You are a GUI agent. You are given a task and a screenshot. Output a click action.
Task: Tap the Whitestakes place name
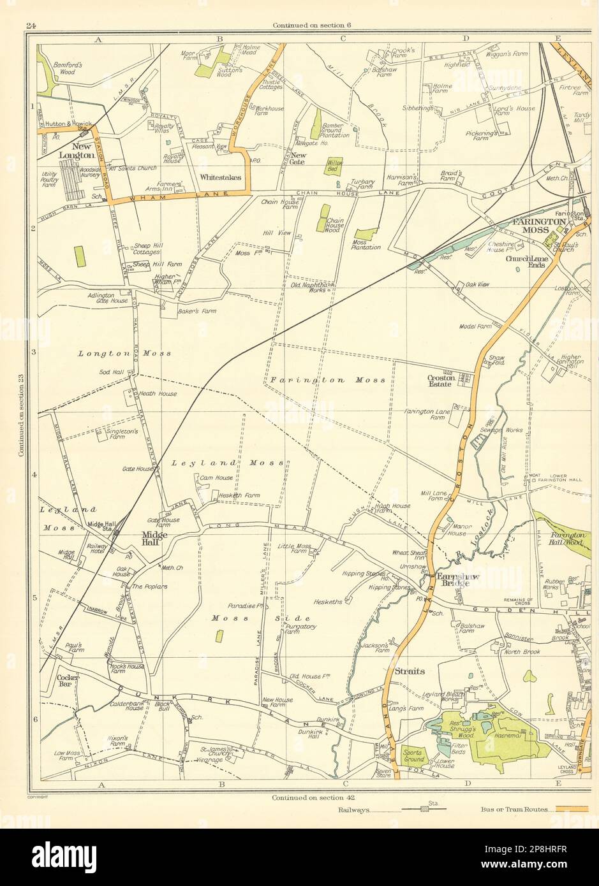tap(220, 177)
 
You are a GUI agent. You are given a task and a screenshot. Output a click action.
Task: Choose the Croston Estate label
tap(440, 381)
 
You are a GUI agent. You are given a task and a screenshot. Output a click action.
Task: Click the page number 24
tap(30, 25)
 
